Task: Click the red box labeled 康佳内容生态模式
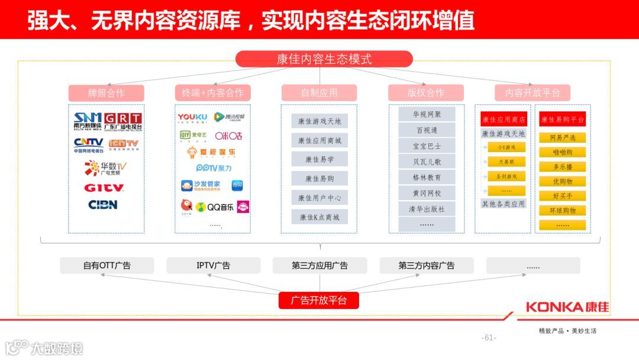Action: click(324, 59)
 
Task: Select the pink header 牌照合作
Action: click(106, 93)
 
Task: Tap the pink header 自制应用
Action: click(319, 93)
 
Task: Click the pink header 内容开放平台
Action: click(532, 93)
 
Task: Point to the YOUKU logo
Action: click(193, 117)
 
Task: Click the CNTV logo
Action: click(89, 143)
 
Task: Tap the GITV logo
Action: click(104, 188)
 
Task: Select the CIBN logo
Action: click(103, 205)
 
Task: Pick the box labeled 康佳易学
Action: click(319, 159)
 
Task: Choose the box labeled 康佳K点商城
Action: click(319, 217)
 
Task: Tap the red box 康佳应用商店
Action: click(504, 120)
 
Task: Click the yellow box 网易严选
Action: click(562, 138)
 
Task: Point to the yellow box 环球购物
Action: click(562, 210)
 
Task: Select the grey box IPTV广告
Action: click(213, 266)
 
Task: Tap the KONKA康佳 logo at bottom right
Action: click(567, 307)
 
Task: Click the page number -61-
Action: click(489, 338)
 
